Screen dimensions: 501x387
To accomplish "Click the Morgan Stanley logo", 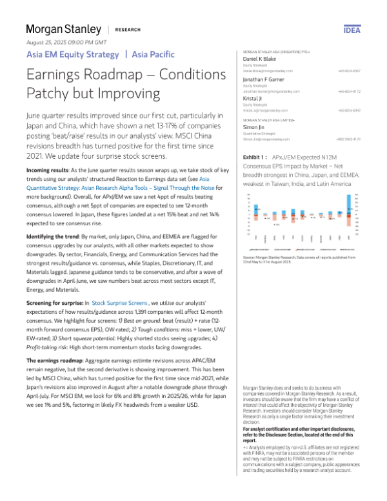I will (63, 29).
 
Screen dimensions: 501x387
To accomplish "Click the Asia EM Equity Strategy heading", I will (72, 54).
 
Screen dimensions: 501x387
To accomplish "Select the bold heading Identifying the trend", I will (54, 218).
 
